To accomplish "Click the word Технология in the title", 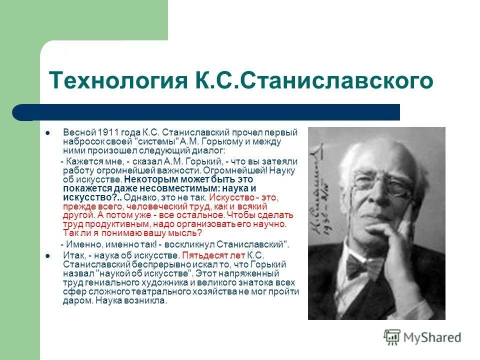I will pos(116,80).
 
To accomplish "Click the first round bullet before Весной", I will pos(47,133).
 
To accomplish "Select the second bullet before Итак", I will pos(47,255).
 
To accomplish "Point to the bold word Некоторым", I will pos(147,179).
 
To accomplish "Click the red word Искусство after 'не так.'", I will pos(227,197).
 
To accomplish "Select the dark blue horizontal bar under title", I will pos(205,112).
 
